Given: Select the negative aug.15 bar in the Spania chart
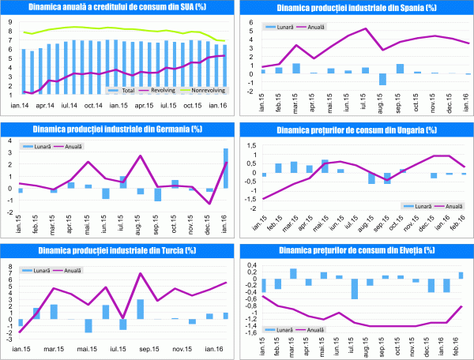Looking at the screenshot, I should [382, 79].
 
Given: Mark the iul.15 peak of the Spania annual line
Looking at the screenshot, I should [366, 29].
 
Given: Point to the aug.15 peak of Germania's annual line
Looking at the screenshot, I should [140, 156].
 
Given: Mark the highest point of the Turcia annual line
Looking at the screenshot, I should [140, 274].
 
